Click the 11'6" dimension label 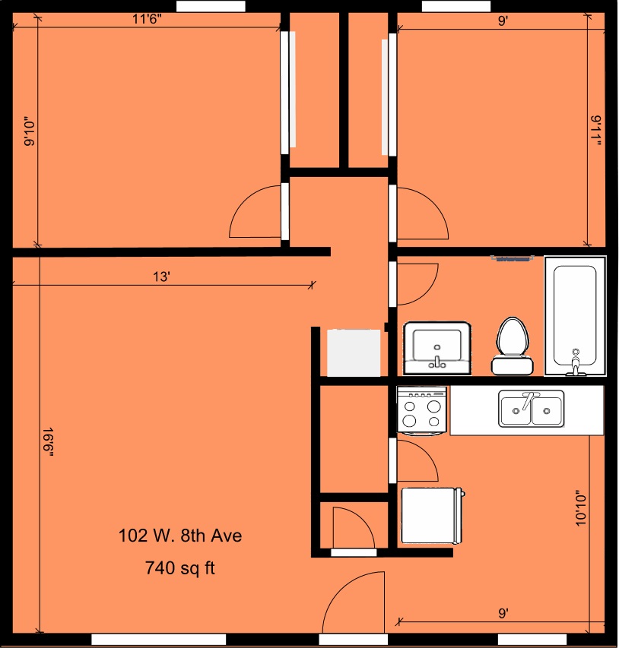[x=147, y=19]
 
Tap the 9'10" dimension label [x=30, y=131]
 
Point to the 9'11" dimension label [x=596, y=131]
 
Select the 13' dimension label [x=162, y=277]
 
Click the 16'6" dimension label [x=49, y=442]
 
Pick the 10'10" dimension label [x=581, y=508]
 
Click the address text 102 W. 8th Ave [x=180, y=536]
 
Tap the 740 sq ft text [x=180, y=567]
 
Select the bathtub [x=575, y=316]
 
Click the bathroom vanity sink [x=437, y=348]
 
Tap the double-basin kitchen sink [x=532, y=408]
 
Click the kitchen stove [x=421, y=410]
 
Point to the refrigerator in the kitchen [x=432, y=516]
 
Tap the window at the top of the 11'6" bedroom [x=211, y=6]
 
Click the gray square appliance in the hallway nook [x=354, y=352]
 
